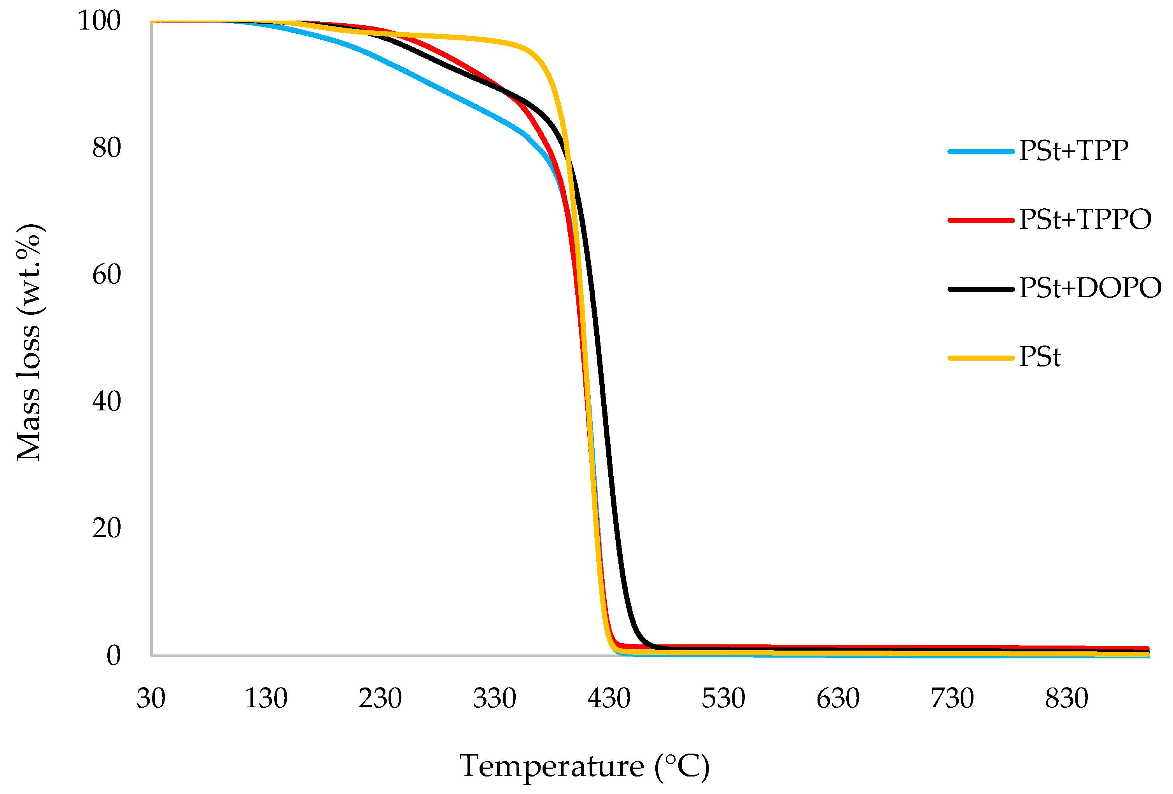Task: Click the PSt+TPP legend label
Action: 1073,150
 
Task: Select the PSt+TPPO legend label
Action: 1085,220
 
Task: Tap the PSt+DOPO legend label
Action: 1090,288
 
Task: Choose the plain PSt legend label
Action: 1039,357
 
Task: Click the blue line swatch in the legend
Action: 981,151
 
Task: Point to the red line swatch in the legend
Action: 981,220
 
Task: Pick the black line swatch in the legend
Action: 981,289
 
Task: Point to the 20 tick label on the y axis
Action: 107,529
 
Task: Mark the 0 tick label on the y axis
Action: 114,655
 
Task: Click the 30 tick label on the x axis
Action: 151,699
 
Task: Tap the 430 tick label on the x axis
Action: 609,699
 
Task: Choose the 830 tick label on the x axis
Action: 1066,699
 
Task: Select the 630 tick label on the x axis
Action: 838,699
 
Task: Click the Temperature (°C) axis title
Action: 585,766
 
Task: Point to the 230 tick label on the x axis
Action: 380,699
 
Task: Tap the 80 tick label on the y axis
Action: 107,148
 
